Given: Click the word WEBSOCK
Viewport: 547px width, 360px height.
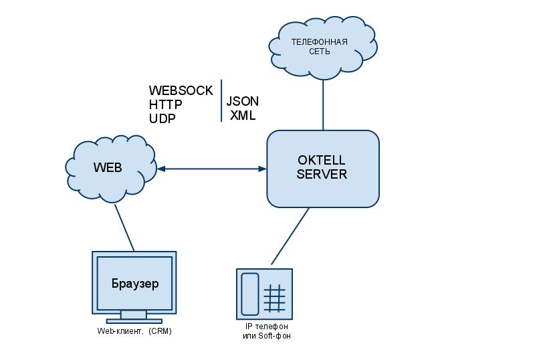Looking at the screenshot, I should pyautogui.click(x=181, y=90).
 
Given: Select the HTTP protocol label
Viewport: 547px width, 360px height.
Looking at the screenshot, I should pyautogui.click(x=166, y=104).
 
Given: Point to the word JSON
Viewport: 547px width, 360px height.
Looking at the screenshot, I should pyautogui.click(x=242, y=102).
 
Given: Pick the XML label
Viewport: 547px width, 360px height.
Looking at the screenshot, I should pyautogui.click(x=243, y=116).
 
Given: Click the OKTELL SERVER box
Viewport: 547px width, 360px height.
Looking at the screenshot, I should pyautogui.click(x=323, y=169).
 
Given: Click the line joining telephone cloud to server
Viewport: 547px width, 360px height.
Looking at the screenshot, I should pyautogui.click(x=324, y=104).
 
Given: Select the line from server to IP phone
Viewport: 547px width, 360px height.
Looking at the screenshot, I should pyautogui.click(x=290, y=237).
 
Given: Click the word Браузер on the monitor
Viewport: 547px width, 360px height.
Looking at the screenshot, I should pyautogui.click(x=135, y=284).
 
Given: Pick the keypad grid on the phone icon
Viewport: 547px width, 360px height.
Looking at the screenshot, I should pyautogui.click(x=275, y=298).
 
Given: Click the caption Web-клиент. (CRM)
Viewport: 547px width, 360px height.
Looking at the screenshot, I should pyautogui.click(x=134, y=331).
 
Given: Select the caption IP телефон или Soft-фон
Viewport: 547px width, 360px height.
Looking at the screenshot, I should pyautogui.click(x=266, y=331).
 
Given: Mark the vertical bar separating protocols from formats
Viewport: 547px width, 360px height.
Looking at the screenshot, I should pyautogui.click(x=221, y=101).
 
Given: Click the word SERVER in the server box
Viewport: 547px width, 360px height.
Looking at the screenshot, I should pyautogui.click(x=322, y=175).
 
